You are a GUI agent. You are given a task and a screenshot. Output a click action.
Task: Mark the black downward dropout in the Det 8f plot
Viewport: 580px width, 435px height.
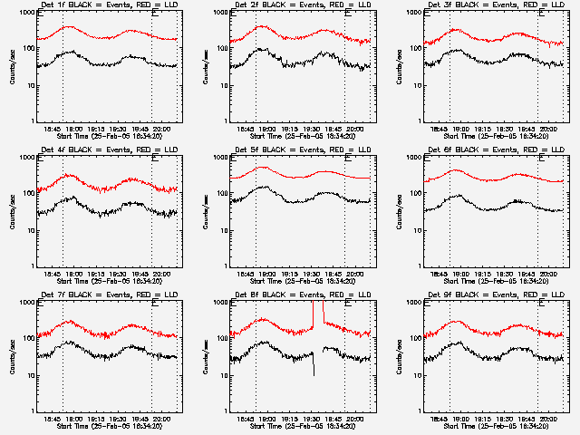click(x=314, y=367)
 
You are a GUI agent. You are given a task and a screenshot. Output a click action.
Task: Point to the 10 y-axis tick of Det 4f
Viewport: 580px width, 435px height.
click(x=31, y=231)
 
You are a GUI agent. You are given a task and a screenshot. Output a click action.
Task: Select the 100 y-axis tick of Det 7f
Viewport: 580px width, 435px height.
click(x=29, y=339)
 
